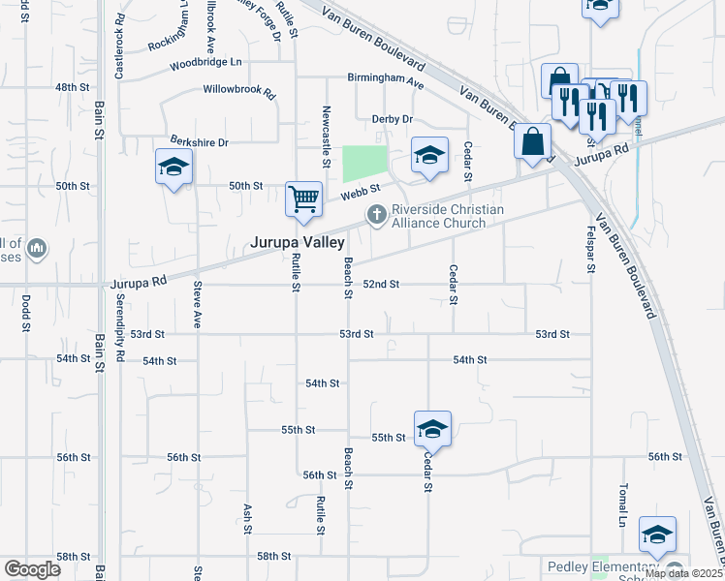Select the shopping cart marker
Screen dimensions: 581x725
pos(303,199)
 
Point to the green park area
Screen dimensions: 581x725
pos(364,164)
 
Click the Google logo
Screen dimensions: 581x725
pos(32,569)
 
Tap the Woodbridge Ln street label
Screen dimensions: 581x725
pos(205,64)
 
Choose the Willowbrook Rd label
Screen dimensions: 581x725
pos(239,90)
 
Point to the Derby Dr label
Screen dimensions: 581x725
pos(393,119)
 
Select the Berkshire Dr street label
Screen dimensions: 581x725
pos(199,142)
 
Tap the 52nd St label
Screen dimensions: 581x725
pos(381,285)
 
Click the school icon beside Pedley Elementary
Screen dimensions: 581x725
pos(657,535)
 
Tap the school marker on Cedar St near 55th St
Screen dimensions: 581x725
pos(432,429)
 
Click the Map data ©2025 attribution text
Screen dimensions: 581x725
pos(683,573)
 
